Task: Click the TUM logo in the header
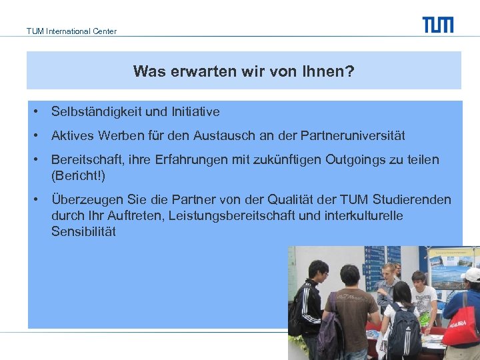437,25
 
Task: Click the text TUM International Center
71,31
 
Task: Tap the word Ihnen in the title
327,71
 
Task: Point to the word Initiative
195,112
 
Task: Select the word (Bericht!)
78,176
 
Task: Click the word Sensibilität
83,232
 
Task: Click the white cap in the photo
471,275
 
